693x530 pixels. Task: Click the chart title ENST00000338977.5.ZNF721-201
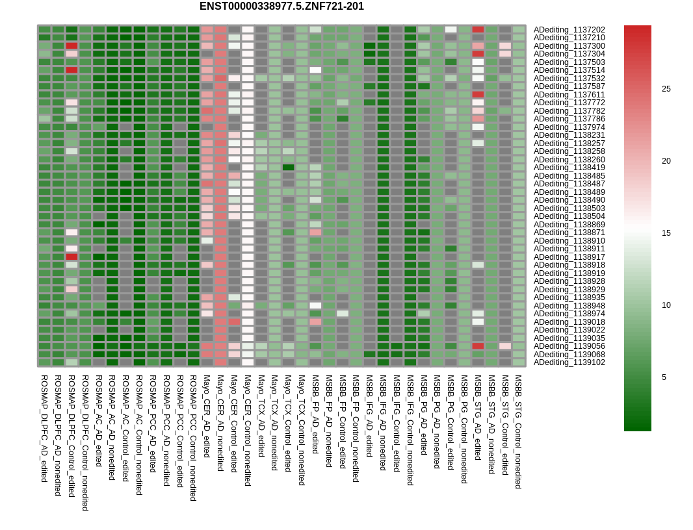click(281, 6)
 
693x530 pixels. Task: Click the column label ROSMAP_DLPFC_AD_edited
click(44, 428)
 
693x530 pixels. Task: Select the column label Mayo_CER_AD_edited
click(207, 416)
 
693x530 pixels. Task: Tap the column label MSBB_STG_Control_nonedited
click(518, 431)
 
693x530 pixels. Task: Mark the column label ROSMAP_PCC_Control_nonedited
click(193, 438)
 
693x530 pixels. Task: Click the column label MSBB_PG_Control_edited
click(451, 422)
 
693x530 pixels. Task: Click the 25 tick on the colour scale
click(666, 89)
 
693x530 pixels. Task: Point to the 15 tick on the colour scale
click(666, 233)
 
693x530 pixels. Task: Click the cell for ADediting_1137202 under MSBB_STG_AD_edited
click(478, 30)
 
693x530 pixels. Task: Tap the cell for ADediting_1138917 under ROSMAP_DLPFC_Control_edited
click(72, 257)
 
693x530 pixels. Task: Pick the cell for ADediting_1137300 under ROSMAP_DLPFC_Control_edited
click(72, 46)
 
